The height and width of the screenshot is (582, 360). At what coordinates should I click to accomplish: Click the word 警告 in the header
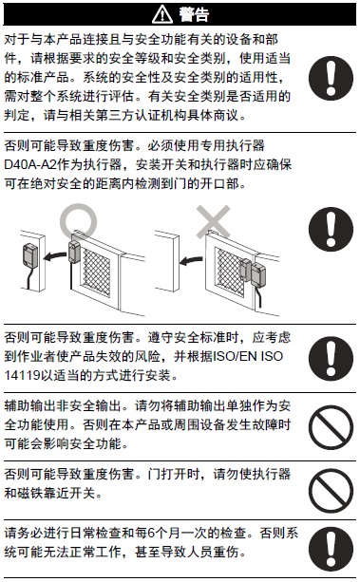coord(188,14)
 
